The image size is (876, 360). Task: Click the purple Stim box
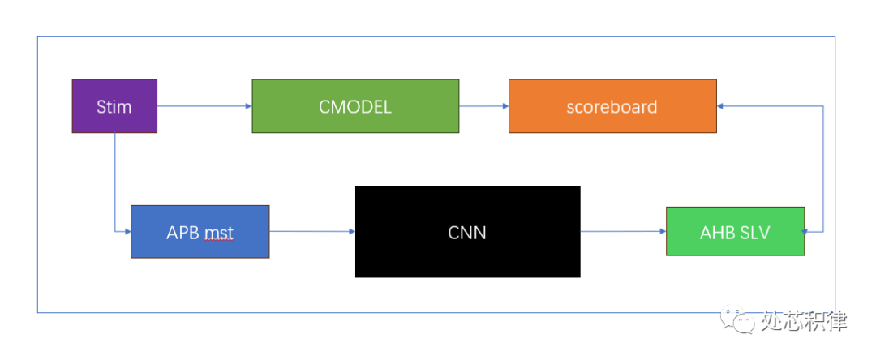[x=114, y=106]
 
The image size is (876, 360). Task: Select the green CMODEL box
[x=355, y=106]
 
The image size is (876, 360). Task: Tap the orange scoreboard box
[x=612, y=106]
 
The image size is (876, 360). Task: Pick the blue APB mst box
[x=200, y=232]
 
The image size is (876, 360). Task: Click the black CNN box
[x=467, y=232]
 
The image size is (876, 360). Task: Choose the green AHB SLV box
[x=735, y=232]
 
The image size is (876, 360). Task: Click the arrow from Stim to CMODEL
[x=203, y=106]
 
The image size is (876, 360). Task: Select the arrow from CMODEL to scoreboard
[x=483, y=106]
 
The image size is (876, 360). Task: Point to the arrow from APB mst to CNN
[x=311, y=232]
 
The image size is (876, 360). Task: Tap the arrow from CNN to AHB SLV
[x=623, y=232]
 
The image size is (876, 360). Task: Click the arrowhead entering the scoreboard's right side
[x=721, y=106]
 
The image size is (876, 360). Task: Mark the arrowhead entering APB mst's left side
[x=127, y=232]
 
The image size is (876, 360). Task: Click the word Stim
[x=114, y=107]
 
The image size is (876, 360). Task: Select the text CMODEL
[x=355, y=107]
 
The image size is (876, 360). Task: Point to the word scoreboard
[x=612, y=107]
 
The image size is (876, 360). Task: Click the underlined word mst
[x=218, y=234]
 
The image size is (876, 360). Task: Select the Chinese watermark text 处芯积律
[x=804, y=322]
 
